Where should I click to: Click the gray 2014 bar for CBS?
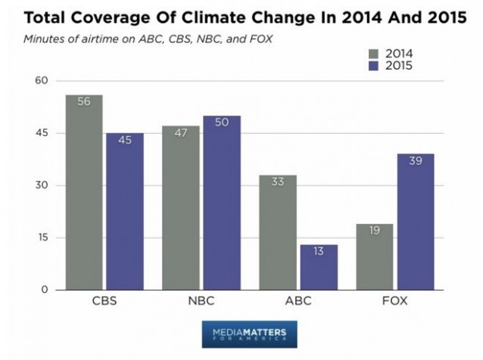click(84, 193)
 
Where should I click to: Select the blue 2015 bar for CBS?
click(124, 212)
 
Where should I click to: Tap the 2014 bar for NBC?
click(181, 208)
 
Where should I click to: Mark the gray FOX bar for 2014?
click(375, 256)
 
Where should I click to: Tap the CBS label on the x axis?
click(104, 301)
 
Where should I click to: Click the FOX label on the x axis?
click(394, 301)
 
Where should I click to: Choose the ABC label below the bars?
click(298, 301)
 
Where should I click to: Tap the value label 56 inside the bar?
click(84, 102)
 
